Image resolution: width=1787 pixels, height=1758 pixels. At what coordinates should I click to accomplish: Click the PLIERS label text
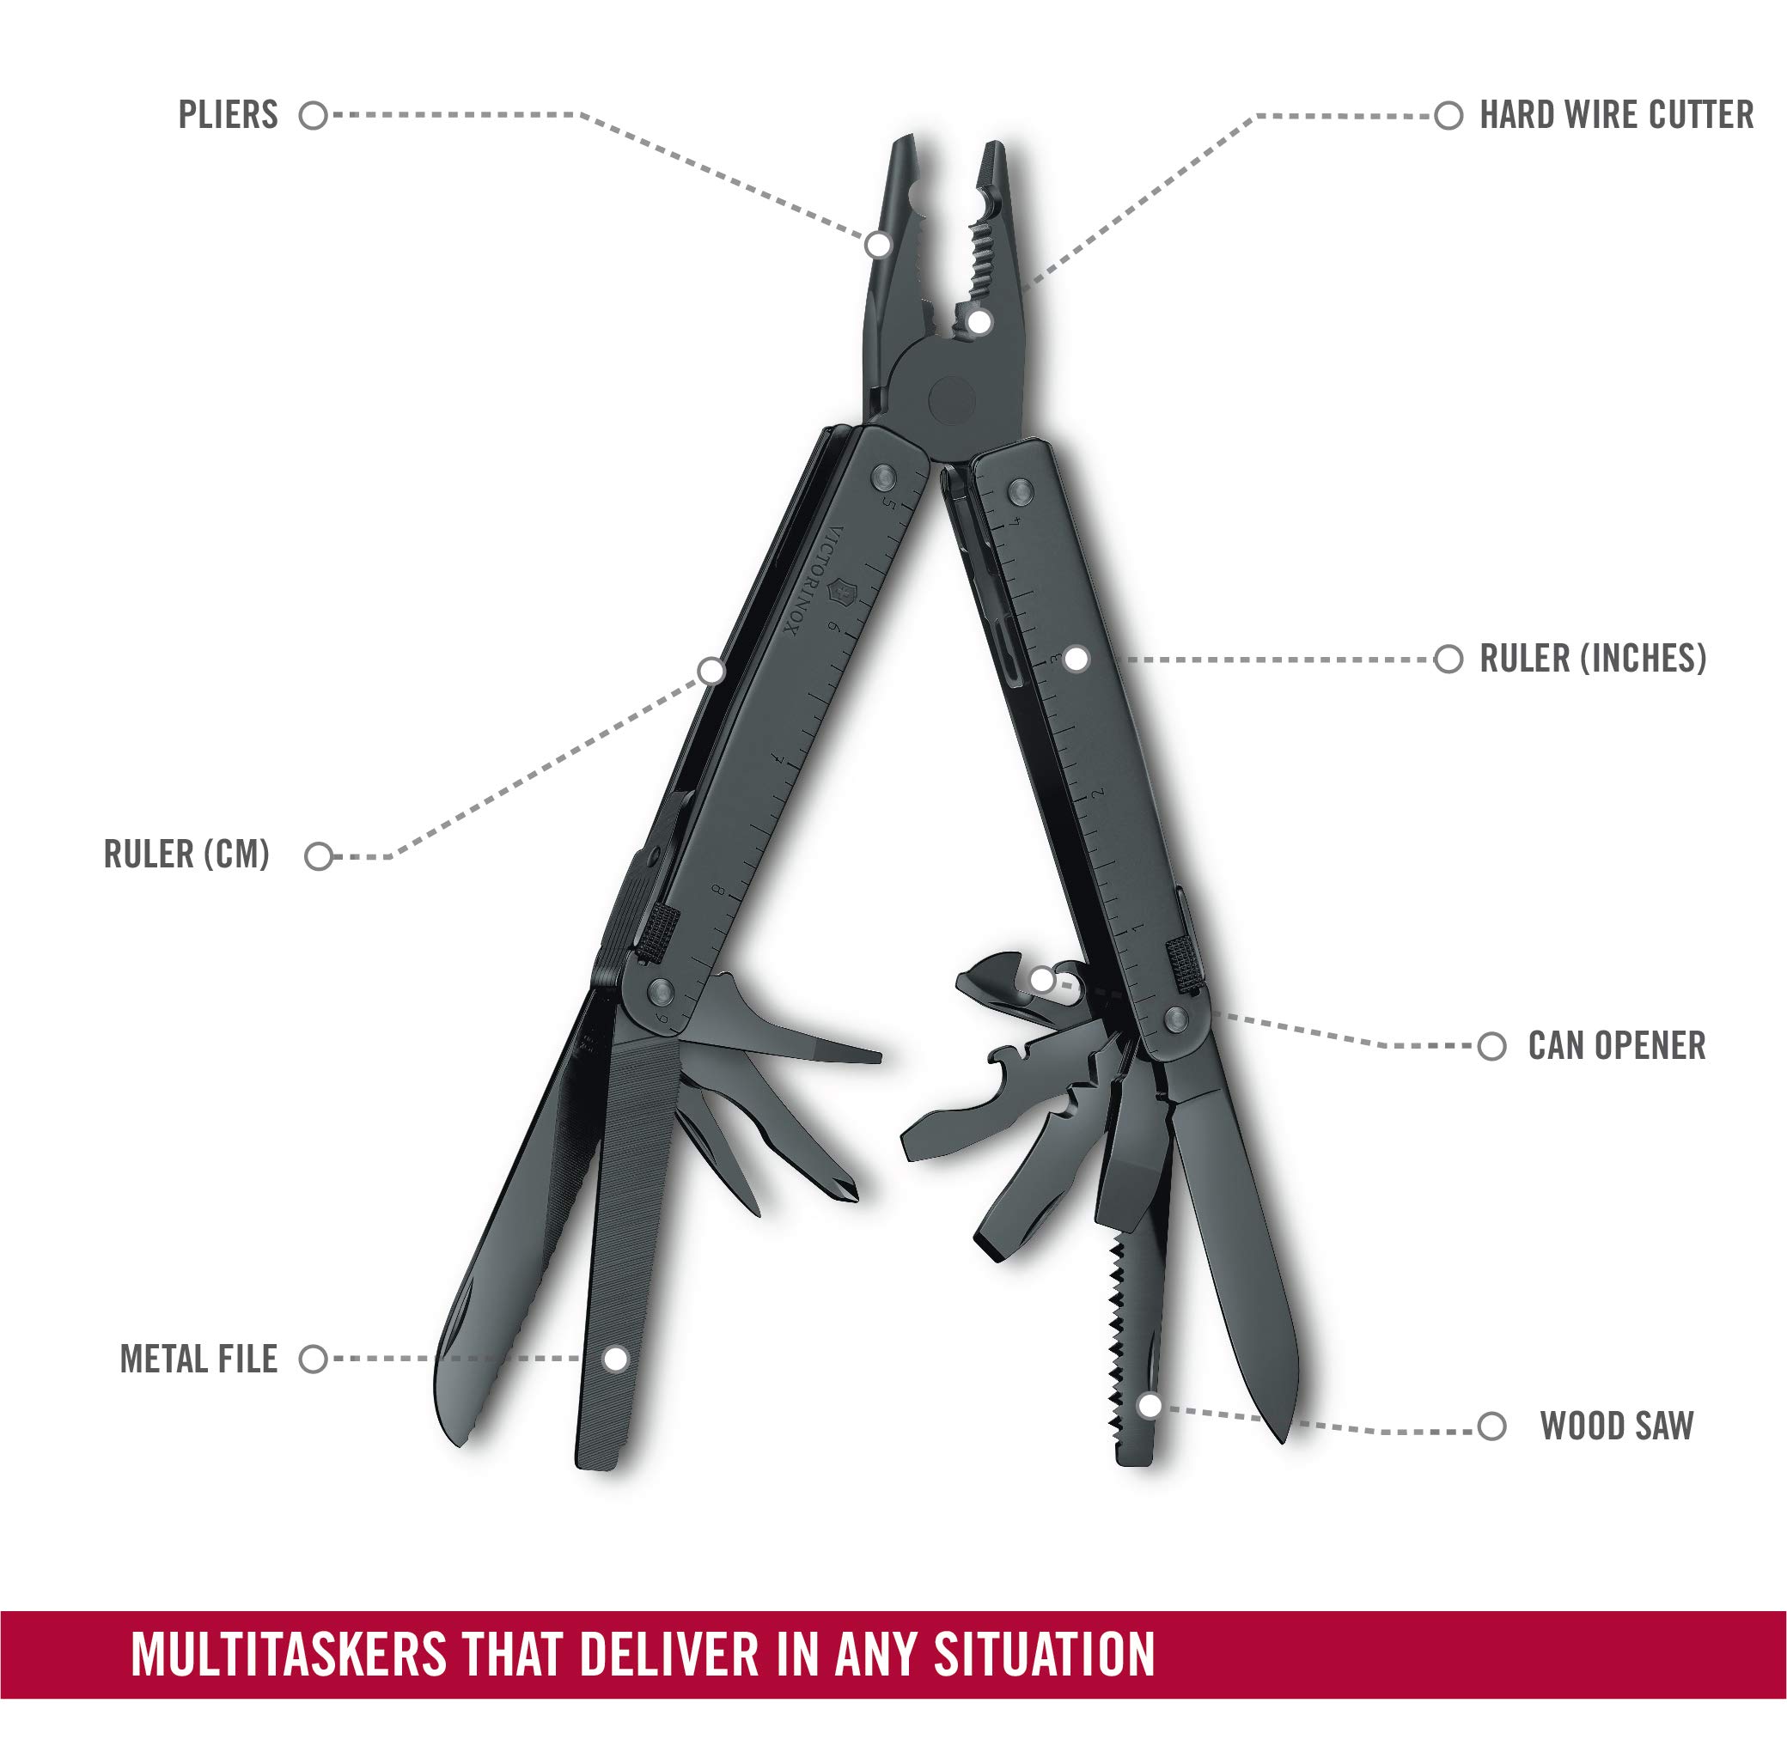tap(229, 115)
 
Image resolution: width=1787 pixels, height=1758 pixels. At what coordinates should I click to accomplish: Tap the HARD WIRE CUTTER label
tap(1616, 115)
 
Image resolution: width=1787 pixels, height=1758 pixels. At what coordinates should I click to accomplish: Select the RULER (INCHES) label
tap(1593, 660)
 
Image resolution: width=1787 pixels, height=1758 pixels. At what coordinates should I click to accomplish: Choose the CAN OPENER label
tap(1617, 1046)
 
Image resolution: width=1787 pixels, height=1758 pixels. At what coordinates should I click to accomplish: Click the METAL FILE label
tap(198, 1360)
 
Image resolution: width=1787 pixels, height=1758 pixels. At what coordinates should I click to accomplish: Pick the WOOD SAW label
tap(1617, 1426)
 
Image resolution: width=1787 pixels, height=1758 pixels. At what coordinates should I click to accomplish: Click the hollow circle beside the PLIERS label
tap(314, 115)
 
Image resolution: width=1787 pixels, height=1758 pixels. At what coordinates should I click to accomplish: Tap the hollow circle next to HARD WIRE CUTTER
tap(1448, 115)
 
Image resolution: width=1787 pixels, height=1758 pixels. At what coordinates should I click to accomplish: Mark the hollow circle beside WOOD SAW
tap(1492, 1426)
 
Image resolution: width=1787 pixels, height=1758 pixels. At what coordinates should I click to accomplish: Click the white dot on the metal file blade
tap(615, 1360)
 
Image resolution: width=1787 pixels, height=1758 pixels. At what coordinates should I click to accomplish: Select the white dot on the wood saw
tap(1149, 1406)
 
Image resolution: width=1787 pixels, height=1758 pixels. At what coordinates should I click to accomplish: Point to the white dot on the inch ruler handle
tap(1076, 660)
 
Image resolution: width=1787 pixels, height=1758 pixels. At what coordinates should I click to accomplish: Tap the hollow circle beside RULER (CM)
tap(319, 857)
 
